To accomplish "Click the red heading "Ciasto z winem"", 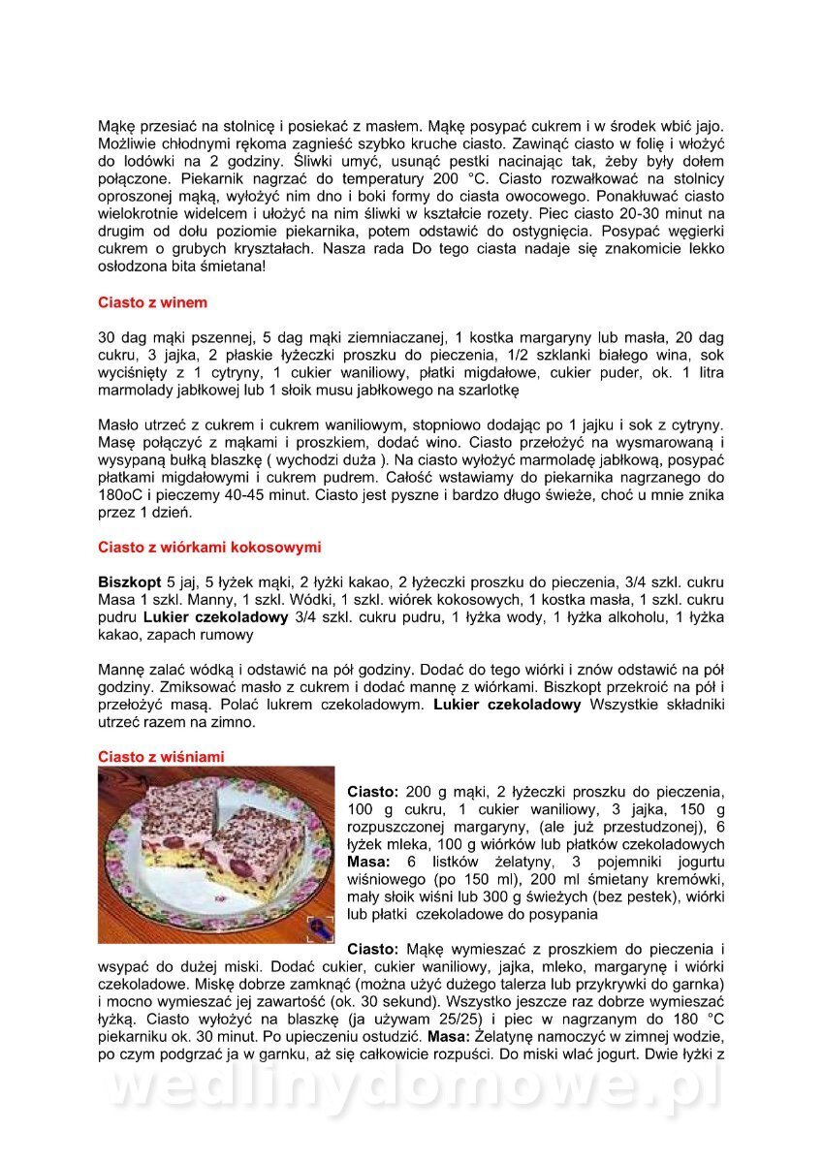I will (152, 302).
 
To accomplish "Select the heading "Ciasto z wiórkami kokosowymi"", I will (209, 548).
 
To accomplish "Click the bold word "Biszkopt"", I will (130, 582).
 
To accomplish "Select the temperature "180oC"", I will (123, 495).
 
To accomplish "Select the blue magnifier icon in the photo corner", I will (318, 927).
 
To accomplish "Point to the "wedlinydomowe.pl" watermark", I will (411, 1088).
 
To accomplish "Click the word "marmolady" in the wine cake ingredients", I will (137, 391).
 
